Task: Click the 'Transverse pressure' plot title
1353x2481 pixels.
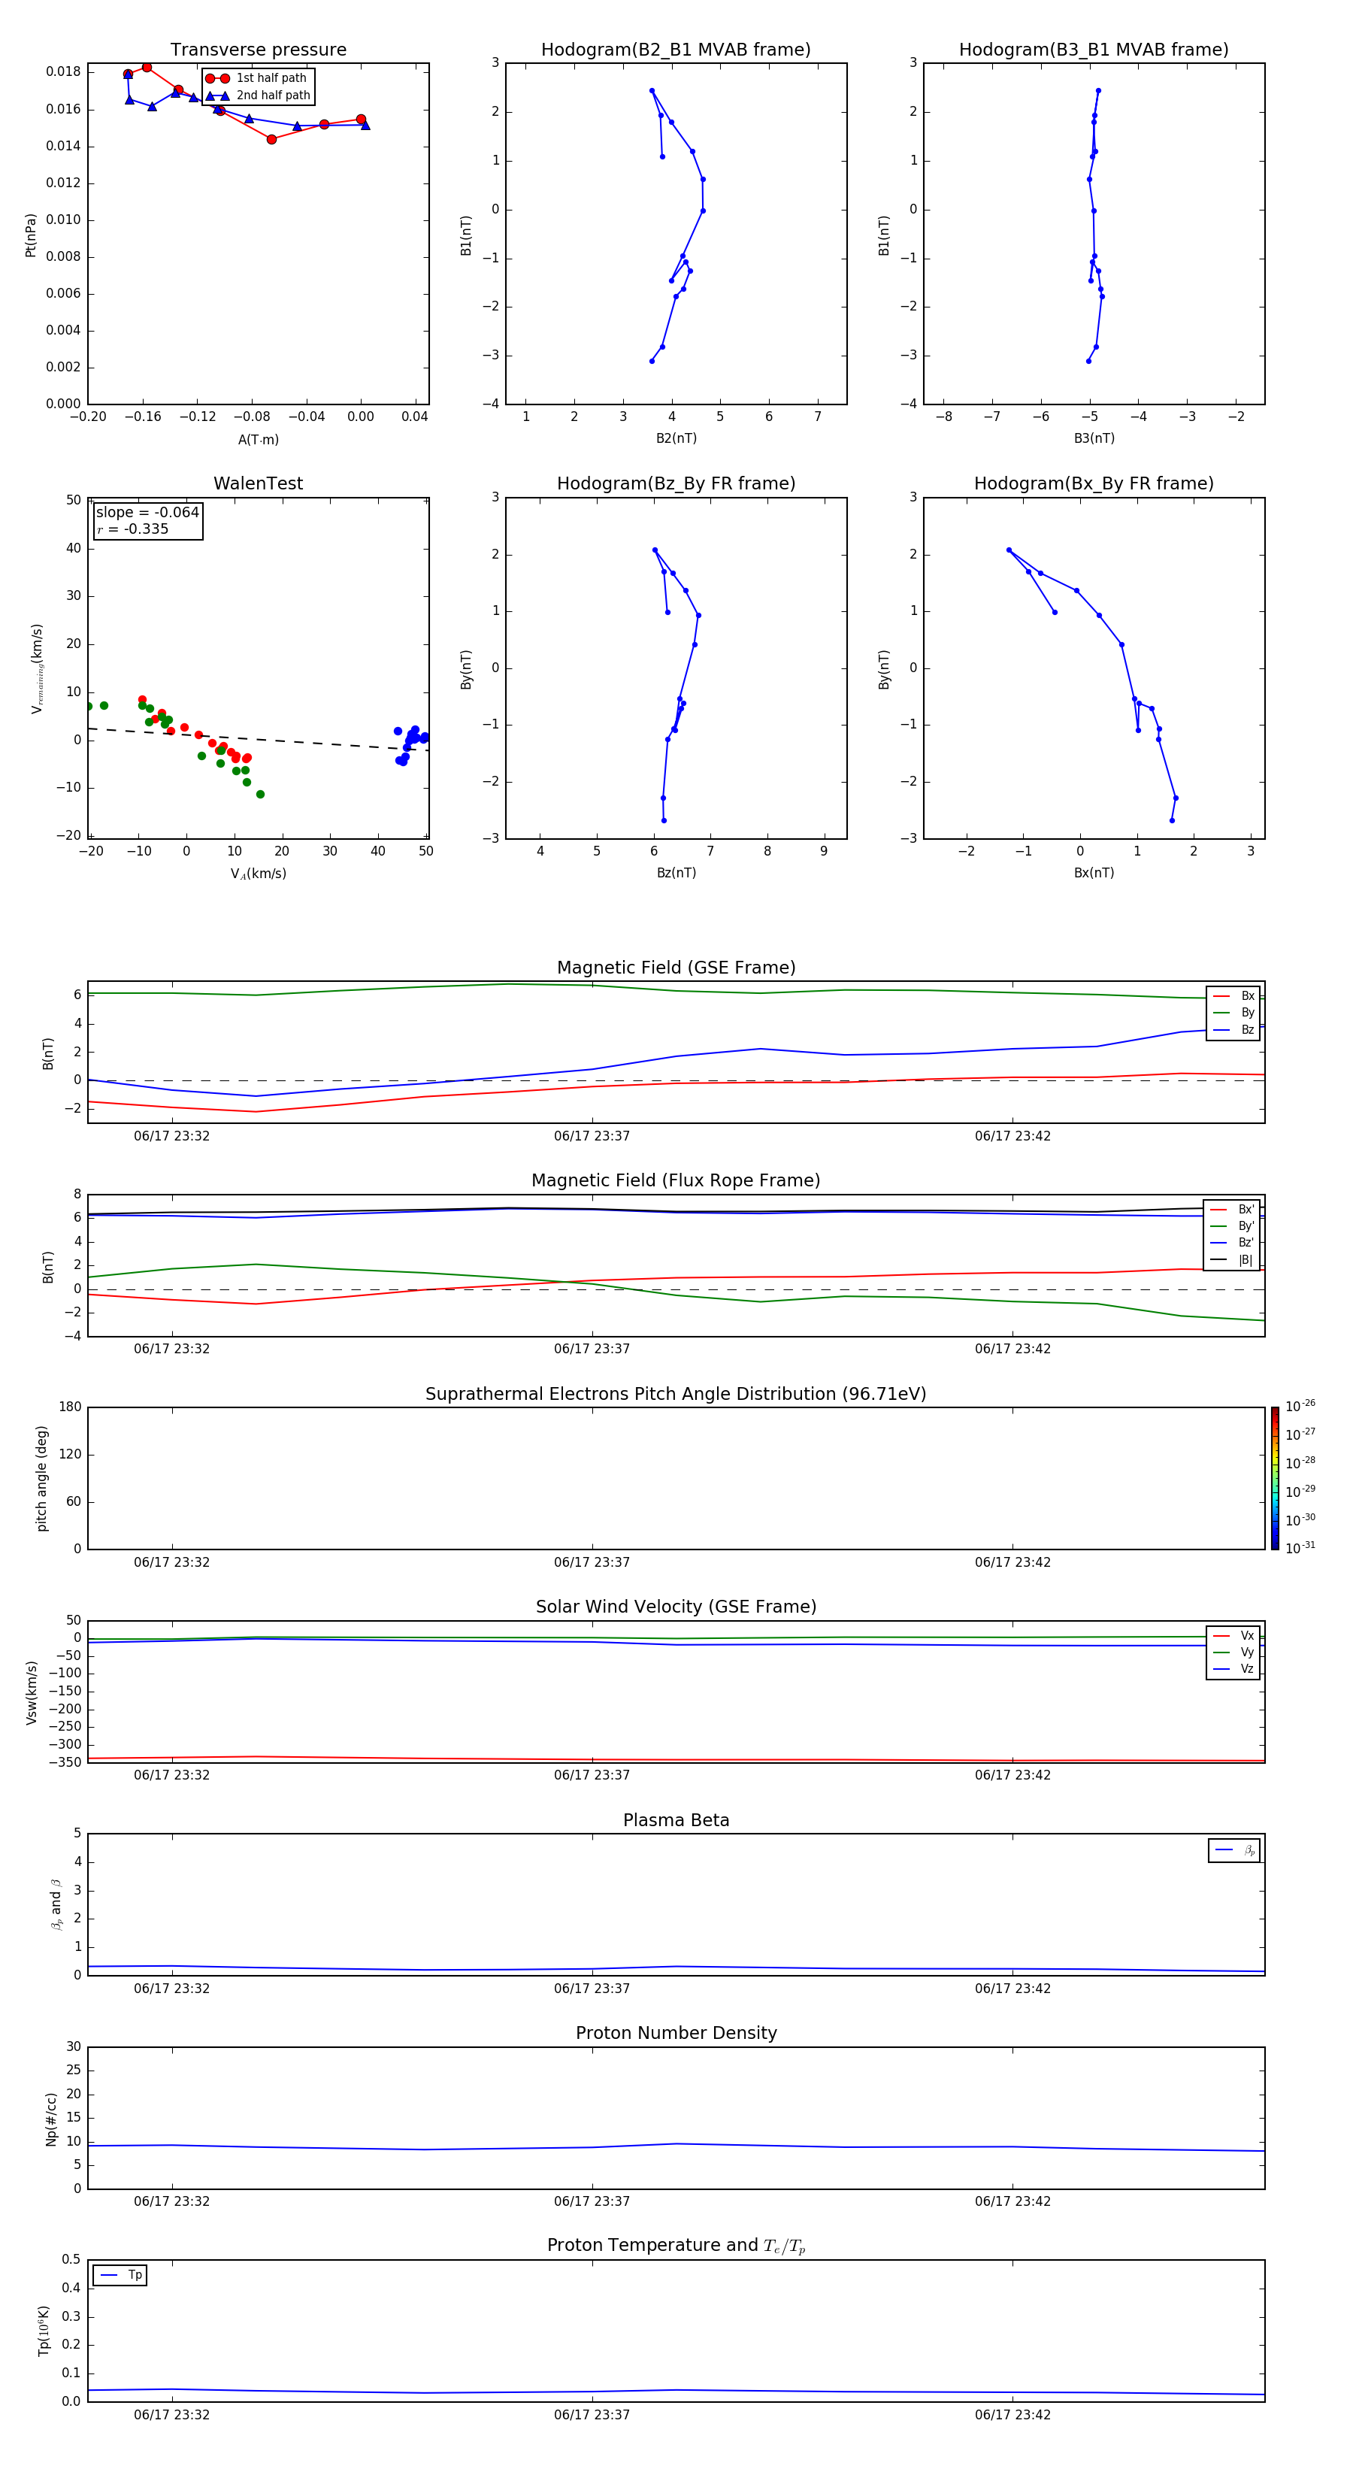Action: click(258, 50)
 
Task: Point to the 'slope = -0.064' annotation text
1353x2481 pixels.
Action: click(147, 513)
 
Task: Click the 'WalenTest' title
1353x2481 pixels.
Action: click(258, 483)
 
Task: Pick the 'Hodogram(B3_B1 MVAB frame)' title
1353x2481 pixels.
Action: click(1093, 50)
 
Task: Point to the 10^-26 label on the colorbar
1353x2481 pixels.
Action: click(1299, 1406)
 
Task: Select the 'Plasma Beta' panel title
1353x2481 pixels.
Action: click(676, 1820)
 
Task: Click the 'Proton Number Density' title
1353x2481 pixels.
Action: click(676, 2033)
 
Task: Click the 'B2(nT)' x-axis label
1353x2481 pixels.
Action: click(676, 438)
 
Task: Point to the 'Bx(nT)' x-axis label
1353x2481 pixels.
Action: click(1093, 873)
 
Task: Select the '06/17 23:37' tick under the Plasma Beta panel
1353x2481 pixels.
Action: click(592, 1989)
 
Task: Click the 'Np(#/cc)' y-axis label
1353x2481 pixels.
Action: click(51, 2119)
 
